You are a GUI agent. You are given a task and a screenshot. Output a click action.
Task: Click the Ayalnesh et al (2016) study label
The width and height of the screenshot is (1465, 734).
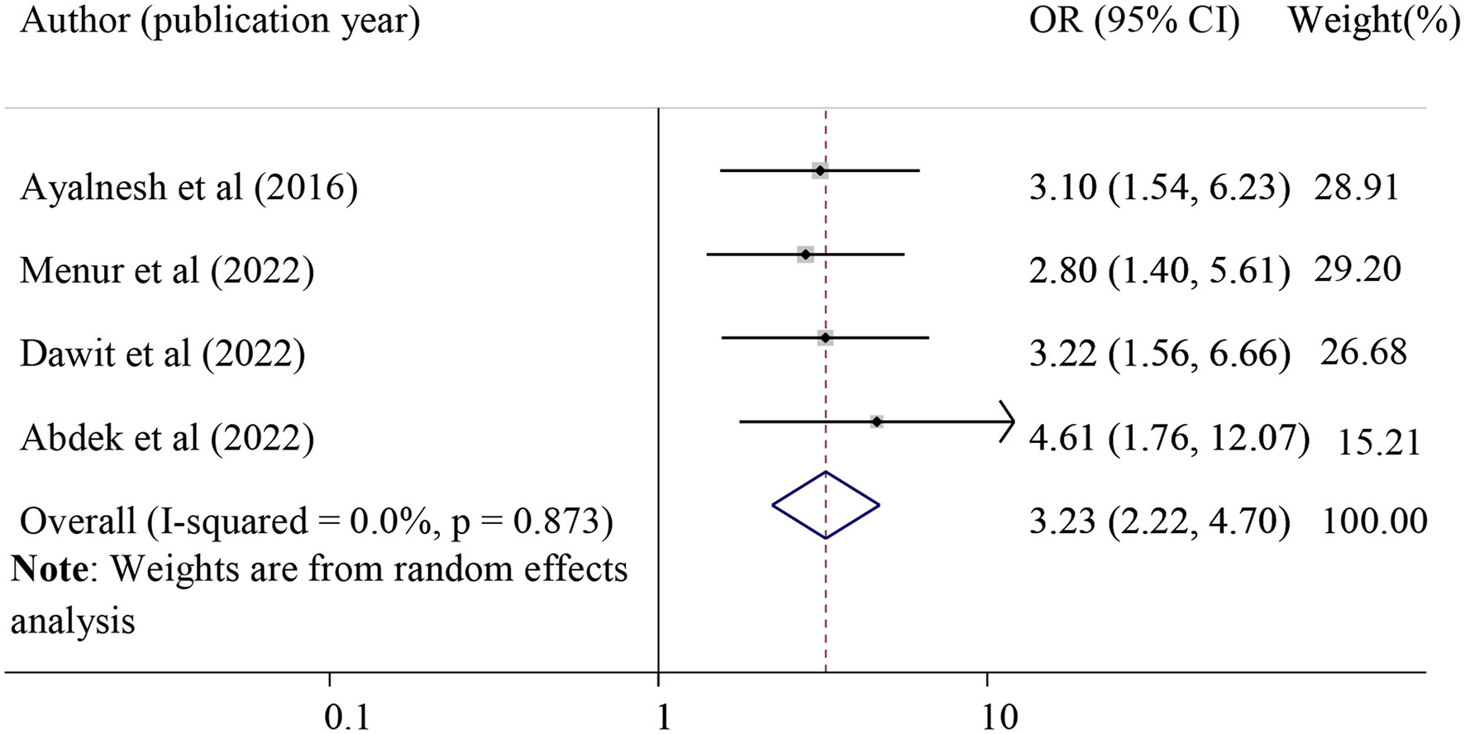(188, 188)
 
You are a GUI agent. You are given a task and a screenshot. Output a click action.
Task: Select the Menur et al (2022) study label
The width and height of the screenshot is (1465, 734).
(167, 271)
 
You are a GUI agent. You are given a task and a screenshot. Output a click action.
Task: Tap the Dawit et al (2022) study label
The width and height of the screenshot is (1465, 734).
(162, 354)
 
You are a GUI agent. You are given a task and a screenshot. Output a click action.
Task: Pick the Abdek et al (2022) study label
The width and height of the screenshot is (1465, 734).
(167, 437)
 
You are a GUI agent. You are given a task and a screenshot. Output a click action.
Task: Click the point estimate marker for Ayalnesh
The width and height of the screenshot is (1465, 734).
(819, 170)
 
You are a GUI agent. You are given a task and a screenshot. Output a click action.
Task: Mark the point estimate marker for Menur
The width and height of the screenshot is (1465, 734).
(805, 255)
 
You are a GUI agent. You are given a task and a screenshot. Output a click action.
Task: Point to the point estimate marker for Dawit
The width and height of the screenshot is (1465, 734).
(825, 337)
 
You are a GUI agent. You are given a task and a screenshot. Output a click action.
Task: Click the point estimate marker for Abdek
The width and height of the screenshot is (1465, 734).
(876, 422)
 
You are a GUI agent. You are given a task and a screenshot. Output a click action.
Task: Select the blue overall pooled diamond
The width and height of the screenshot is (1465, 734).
(826, 505)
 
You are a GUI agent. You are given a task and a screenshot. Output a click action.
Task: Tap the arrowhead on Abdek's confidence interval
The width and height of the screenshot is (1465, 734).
(1008, 422)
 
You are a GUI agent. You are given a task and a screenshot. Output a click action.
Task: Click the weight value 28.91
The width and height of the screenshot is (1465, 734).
(1356, 188)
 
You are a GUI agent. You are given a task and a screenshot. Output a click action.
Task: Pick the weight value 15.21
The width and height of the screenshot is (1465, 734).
(1378, 442)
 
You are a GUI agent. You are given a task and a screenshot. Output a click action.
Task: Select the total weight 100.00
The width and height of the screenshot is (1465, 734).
(1374, 521)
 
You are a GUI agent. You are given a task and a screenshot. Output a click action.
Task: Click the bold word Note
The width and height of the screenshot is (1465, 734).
(50, 570)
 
